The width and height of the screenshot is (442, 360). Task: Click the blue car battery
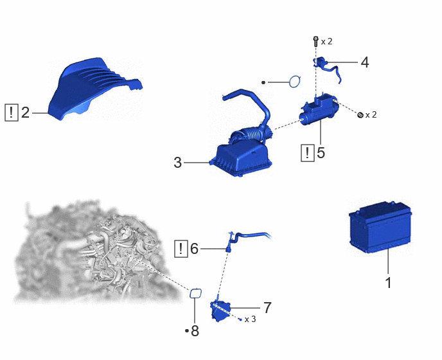(380, 227)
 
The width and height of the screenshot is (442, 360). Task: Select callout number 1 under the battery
(389, 283)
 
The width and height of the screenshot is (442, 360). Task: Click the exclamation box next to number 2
(12, 113)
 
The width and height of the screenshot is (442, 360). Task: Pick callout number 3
(177, 163)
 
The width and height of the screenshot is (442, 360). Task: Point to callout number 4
(365, 62)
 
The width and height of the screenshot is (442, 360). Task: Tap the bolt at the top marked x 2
(315, 41)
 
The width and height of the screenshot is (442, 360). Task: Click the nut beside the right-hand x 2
(360, 115)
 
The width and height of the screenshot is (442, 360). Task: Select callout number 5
(321, 152)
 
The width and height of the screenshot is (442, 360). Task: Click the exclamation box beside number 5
(308, 153)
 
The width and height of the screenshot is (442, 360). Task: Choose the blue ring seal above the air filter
(295, 82)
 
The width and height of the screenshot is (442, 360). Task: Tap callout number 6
(195, 249)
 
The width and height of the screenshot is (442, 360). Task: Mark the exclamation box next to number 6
(181, 249)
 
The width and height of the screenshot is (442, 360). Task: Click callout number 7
(267, 307)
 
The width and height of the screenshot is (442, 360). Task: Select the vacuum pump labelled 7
(220, 310)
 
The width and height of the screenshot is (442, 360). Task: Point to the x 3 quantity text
(251, 319)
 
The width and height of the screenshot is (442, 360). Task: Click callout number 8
(195, 330)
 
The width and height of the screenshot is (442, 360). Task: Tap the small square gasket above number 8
(195, 294)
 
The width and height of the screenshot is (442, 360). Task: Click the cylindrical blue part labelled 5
(318, 109)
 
